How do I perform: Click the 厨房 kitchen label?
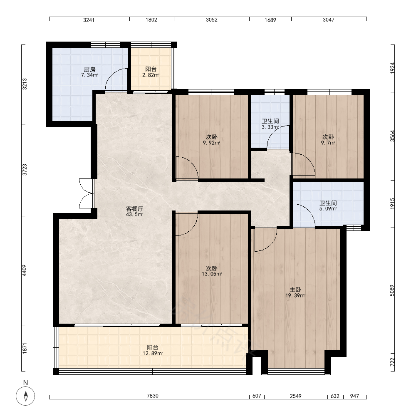(x=90, y=69)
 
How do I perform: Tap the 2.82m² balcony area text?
(x=151, y=75)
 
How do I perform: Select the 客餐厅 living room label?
(x=134, y=209)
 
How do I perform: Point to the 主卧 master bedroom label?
(x=295, y=290)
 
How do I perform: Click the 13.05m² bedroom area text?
(x=212, y=274)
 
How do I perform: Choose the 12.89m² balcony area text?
(x=153, y=353)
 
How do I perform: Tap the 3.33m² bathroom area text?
(x=270, y=127)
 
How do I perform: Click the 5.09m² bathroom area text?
(x=328, y=209)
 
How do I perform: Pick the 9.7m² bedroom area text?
(x=328, y=143)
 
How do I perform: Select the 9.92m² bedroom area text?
(x=211, y=143)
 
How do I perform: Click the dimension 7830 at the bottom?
(x=153, y=396)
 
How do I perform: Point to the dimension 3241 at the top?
(x=89, y=20)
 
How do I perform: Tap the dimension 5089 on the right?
(x=392, y=290)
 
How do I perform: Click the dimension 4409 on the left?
(x=25, y=270)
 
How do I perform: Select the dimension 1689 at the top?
(x=270, y=20)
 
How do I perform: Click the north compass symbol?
(x=25, y=396)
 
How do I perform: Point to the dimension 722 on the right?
(x=392, y=362)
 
